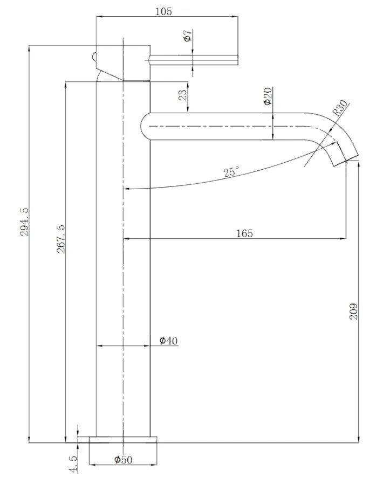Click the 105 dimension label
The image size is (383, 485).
[x=163, y=11]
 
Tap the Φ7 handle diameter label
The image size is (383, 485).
[x=188, y=36]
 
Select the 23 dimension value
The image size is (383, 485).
[x=183, y=95]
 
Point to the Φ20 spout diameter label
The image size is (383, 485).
[x=268, y=96]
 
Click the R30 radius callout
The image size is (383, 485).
[x=340, y=108]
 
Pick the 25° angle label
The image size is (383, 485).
[x=231, y=171]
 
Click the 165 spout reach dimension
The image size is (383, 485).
[x=244, y=233]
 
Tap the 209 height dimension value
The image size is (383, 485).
[x=353, y=311]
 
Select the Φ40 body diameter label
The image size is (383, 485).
[x=169, y=341]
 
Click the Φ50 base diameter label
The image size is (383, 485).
[x=123, y=460]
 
